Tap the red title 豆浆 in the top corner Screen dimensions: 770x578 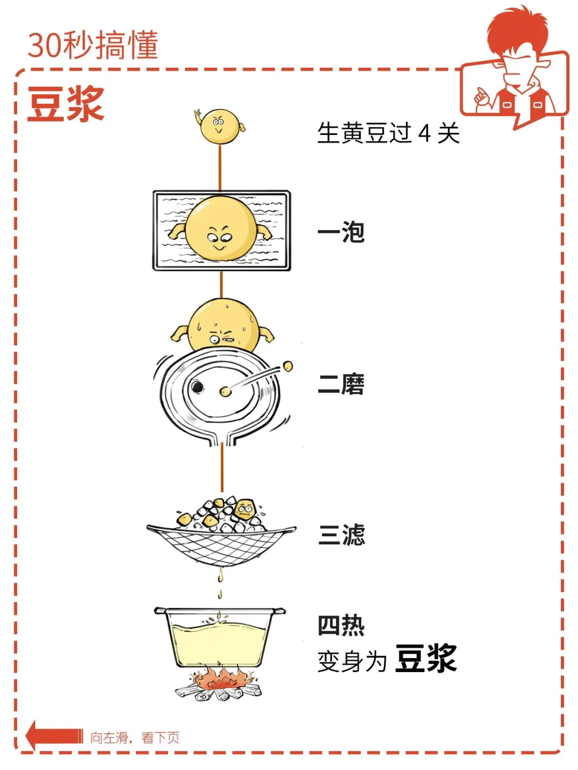pos(65,104)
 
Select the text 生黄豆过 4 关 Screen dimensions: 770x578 pos(388,133)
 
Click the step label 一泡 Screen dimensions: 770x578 pos(341,232)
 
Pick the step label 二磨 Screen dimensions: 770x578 pos(341,384)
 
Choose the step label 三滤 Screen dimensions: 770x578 pos(341,535)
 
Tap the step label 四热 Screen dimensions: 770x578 pos(341,625)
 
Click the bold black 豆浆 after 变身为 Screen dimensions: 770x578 pos(426,658)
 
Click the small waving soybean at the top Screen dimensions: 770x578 pos(219,126)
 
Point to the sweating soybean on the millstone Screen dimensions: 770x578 pos(223,326)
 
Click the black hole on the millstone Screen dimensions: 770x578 pos(197,386)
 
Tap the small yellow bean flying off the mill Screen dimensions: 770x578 pos(288,366)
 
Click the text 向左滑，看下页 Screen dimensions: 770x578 pos(134,738)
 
